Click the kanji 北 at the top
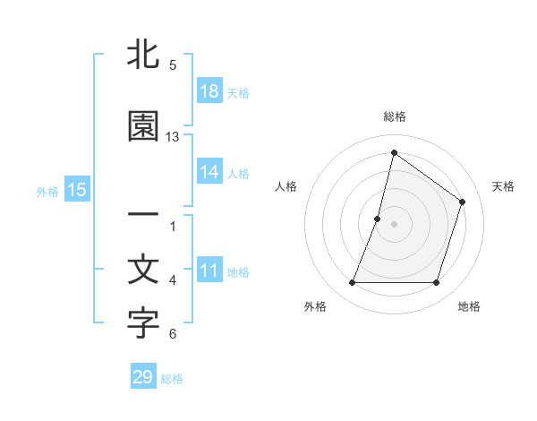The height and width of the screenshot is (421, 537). (143, 56)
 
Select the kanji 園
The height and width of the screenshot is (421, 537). (143, 127)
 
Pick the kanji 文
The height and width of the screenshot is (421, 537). (143, 271)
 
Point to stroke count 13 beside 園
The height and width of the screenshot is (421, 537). (173, 137)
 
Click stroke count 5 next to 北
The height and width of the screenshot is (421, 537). (173, 65)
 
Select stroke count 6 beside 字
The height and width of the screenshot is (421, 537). (173, 334)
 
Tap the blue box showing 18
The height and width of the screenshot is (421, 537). (209, 92)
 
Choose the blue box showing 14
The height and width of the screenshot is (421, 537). (209, 173)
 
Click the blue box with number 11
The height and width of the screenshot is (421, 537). (209, 271)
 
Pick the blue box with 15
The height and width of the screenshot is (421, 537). (76, 191)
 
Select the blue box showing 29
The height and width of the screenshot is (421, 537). (143, 377)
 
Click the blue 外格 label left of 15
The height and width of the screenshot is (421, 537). (47, 192)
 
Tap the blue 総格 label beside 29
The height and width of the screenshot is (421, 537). (172, 378)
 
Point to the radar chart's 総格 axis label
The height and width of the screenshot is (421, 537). (394, 116)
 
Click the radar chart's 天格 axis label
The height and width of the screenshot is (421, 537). (503, 186)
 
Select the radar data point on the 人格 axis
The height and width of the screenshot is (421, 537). (378, 219)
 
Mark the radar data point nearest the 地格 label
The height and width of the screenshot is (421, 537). (436, 283)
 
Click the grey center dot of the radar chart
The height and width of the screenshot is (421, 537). (394, 224)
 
